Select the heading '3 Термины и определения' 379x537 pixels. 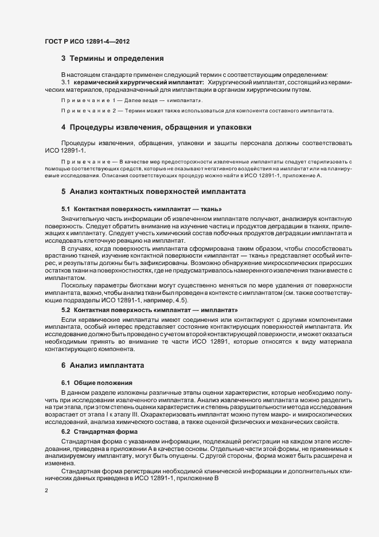(113, 59)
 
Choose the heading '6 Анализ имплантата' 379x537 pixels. (103, 365)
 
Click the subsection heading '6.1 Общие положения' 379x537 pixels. (97, 382)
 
